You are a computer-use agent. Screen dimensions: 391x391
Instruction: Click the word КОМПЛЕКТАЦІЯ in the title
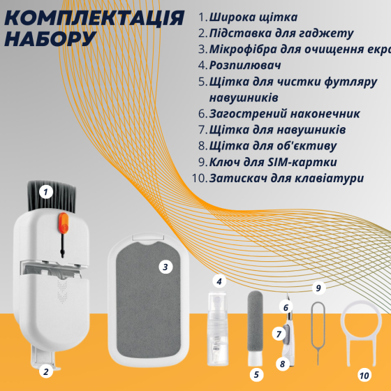pyautogui.click(x=94, y=17)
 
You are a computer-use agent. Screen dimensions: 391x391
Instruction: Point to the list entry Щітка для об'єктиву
pyautogui.click(x=272, y=146)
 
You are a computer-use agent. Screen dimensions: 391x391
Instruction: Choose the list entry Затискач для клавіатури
pyautogui.click(x=286, y=178)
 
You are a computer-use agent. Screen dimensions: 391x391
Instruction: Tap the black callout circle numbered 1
pyautogui.click(x=46, y=190)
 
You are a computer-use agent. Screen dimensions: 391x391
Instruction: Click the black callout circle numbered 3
pyautogui.click(x=165, y=267)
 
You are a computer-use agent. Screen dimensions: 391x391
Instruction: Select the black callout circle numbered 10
pyautogui.click(x=364, y=375)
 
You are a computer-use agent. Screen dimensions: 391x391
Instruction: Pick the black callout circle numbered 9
pyautogui.click(x=318, y=288)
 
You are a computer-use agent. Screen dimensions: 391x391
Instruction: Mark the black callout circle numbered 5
pyautogui.click(x=256, y=375)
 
